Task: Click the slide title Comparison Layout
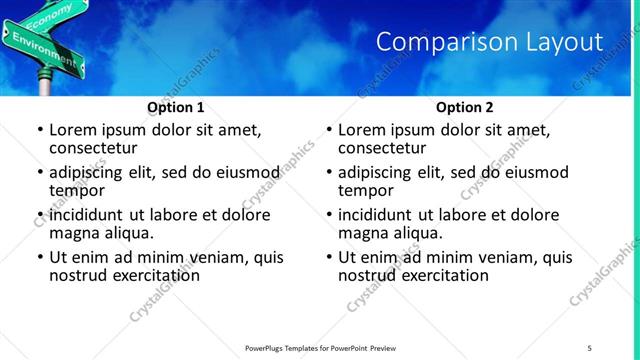(x=489, y=42)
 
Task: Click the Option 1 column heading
(x=176, y=107)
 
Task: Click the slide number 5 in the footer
(x=589, y=348)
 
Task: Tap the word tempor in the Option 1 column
(x=77, y=190)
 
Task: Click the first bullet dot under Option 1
(x=39, y=131)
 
